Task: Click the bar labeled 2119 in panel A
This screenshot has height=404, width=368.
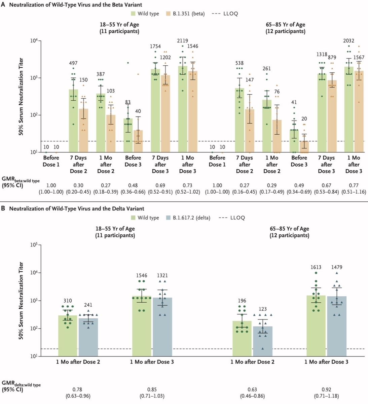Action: pyautogui.click(x=183, y=109)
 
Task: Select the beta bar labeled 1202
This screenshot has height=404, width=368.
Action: pyautogui.click(x=165, y=113)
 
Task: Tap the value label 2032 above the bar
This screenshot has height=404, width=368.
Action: pyautogui.click(x=349, y=41)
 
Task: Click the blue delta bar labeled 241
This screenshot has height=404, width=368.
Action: pyautogui.click(x=88, y=337)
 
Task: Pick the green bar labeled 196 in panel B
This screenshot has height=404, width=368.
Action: pyautogui.click(x=242, y=339)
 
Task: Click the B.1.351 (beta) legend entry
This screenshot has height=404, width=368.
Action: pyautogui.click(x=185, y=14)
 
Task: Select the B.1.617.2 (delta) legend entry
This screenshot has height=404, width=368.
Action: pyautogui.click(x=188, y=218)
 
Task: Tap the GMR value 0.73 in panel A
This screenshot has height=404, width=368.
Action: pyautogui.click(x=187, y=185)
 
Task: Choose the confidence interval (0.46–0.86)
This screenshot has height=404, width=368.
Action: pyautogui.click(x=252, y=396)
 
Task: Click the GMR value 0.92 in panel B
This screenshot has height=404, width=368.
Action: pyautogui.click(x=326, y=389)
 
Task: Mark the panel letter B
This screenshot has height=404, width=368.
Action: pyautogui.click(x=3, y=208)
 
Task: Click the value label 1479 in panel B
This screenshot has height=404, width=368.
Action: pyautogui.click(x=337, y=267)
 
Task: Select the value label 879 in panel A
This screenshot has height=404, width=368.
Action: pyautogui.click(x=332, y=57)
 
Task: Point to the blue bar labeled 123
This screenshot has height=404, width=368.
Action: pyautogui.click(x=262, y=341)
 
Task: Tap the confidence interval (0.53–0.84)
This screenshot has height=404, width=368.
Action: pyautogui.click(x=326, y=192)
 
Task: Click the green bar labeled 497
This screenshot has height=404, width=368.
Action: pyautogui.click(x=73, y=121)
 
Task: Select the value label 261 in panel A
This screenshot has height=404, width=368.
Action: pyautogui.click(x=267, y=68)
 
